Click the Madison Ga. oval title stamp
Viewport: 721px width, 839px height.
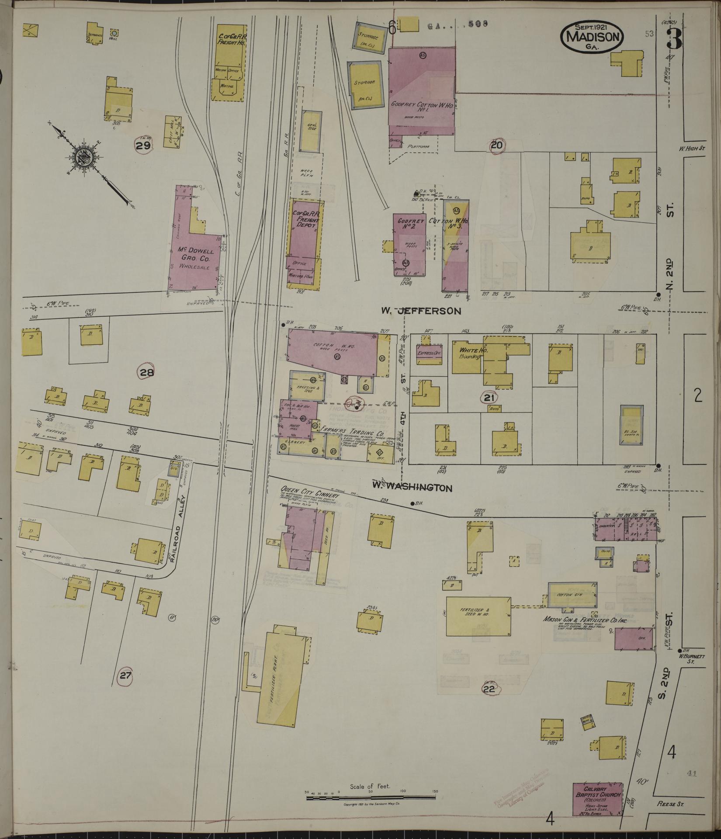[x=592, y=37]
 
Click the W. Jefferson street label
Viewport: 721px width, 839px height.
[x=421, y=311]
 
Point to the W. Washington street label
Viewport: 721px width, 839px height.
[x=412, y=487]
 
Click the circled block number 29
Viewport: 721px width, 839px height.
[x=143, y=146]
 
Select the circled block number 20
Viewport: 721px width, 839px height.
[x=496, y=146]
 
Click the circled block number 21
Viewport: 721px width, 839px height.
[x=489, y=397]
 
